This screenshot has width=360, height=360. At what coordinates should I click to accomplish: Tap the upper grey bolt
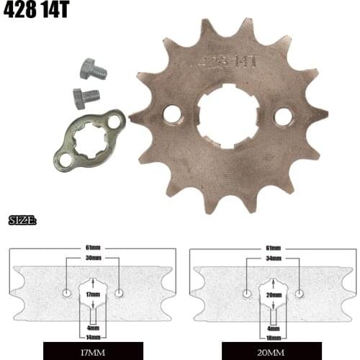pyautogui.click(x=91, y=69)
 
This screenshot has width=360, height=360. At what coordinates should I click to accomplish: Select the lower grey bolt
pyautogui.click(x=87, y=96)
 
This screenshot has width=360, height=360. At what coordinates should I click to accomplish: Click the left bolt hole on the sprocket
pyautogui.click(x=172, y=114)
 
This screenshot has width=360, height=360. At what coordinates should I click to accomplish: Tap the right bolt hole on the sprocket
pyautogui.click(x=282, y=116)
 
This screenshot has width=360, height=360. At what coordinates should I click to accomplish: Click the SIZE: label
pyautogui.click(x=23, y=220)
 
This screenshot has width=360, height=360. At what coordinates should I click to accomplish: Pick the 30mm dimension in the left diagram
pyautogui.click(x=92, y=258)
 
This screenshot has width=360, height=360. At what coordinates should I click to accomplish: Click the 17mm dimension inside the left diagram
pyautogui.click(x=93, y=294)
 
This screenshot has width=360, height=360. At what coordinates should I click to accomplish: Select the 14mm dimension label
pyautogui.click(x=93, y=337)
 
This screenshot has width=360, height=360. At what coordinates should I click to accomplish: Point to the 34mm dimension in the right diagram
pyautogui.click(x=273, y=258)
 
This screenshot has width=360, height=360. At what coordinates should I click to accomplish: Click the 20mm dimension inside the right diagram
pyautogui.click(x=274, y=294)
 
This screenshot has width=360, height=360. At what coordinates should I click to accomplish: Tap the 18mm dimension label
pyautogui.click(x=274, y=337)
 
